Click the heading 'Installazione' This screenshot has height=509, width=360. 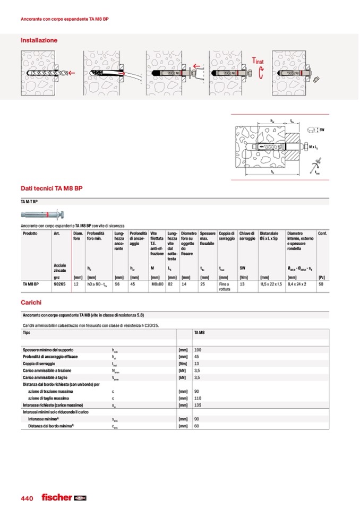click(x=39, y=40)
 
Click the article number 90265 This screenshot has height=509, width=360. click(x=60, y=284)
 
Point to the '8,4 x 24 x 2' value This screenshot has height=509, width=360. click(x=298, y=284)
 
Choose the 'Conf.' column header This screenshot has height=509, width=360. click(x=322, y=234)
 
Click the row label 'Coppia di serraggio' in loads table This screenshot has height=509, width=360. click(x=40, y=364)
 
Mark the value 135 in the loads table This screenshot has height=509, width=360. click(x=199, y=405)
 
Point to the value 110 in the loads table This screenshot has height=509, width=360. click(x=199, y=398)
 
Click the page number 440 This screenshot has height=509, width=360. click(x=27, y=498)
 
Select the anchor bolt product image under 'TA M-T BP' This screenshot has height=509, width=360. click(x=43, y=214)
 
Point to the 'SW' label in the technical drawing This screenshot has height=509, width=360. click(x=322, y=130)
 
